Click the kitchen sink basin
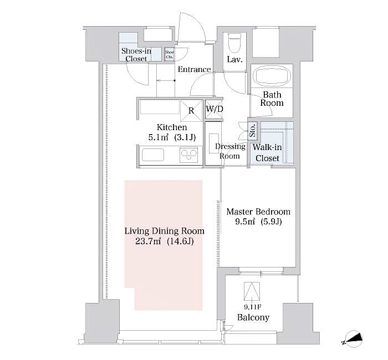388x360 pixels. pyautogui.click(x=154, y=155)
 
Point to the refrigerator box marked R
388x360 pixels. pyautogui.click(x=191, y=110)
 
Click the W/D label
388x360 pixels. pyautogui.click(x=215, y=109)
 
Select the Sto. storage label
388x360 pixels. pyautogui.click(x=252, y=130)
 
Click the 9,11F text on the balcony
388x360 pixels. pyautogui.click(x=252, y=306)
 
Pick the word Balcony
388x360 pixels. pyautogui.click(x=253, y=317)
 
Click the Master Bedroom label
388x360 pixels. pyautogui.click(x=258, y=212)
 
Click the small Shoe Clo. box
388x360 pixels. pyautogui.click(x=169, y=54)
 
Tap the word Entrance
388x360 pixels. pyautogui.click(x=194, y=70)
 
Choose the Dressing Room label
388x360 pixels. pyautogui.click(x=230, y=151)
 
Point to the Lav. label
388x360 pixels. pyautogui.click(x=234, y=60)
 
